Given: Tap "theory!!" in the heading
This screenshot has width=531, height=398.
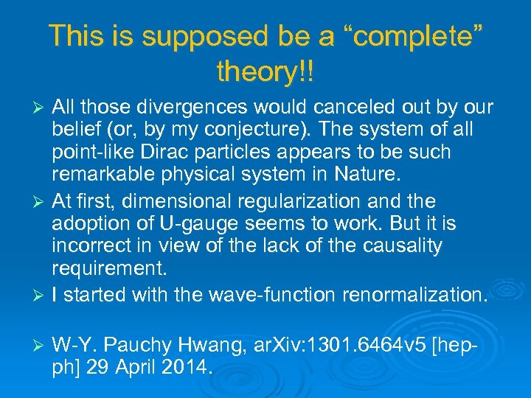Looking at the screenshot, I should click(x=265, y=71).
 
